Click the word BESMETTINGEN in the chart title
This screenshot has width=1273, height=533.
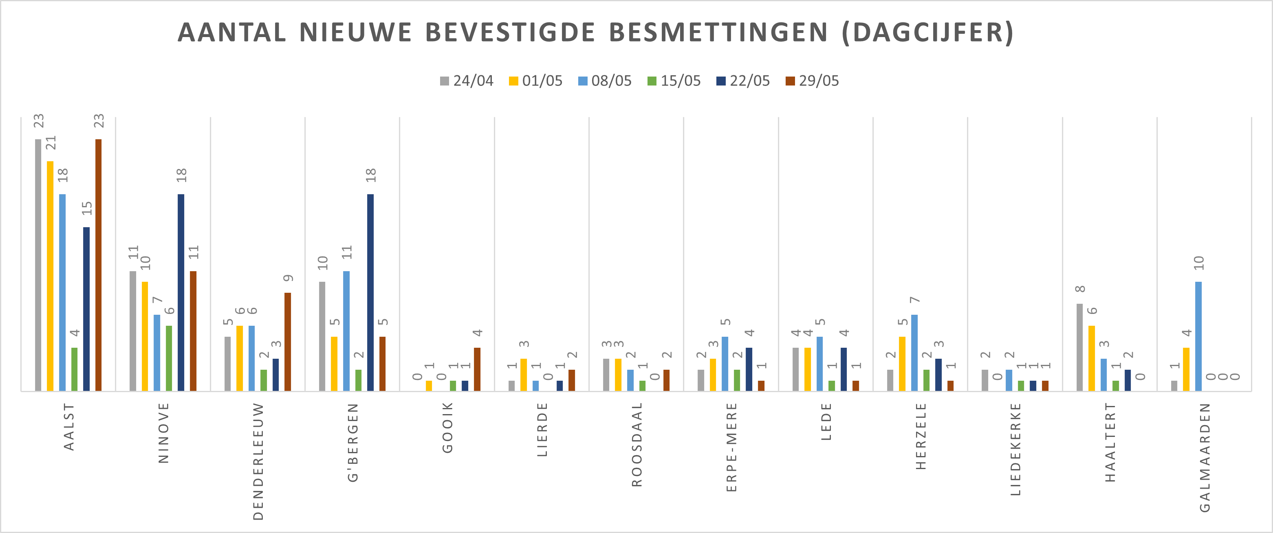click(x=718, y=33)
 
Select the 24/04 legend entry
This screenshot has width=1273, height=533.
click(x=467, y=81)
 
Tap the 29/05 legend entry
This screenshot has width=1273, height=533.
click(x=813, y=81)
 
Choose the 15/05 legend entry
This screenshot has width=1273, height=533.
click(x=674, y=81)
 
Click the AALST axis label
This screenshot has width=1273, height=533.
click(x=69, y=426)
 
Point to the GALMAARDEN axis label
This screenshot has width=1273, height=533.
click(x=1205, y=457)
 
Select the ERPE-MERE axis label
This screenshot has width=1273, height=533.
click(x=731, y=447)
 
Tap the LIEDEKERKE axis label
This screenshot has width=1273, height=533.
click(x=1015, y=449)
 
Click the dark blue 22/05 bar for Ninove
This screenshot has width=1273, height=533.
click(x=181, y=292)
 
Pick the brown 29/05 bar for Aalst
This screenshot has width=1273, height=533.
click(x=98, y=265)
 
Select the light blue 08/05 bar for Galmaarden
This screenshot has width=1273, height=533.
click(x=1198, y=336)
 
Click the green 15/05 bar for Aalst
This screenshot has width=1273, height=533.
click(x=75, y=369)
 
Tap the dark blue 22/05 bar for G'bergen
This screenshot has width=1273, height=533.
click(x=370, y=292)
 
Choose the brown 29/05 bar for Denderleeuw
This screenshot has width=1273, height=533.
click(x=288, y=342)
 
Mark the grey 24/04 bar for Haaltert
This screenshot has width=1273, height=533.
click(x=1080, y=347)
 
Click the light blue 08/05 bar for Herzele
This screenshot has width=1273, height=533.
click(x=914, y=353)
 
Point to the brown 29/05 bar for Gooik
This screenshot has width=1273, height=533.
click(x=477, y=369)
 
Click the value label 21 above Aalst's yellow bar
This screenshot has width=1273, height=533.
click(x=51, y=143)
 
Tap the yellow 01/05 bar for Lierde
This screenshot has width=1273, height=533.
click(x=524, y=375)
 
